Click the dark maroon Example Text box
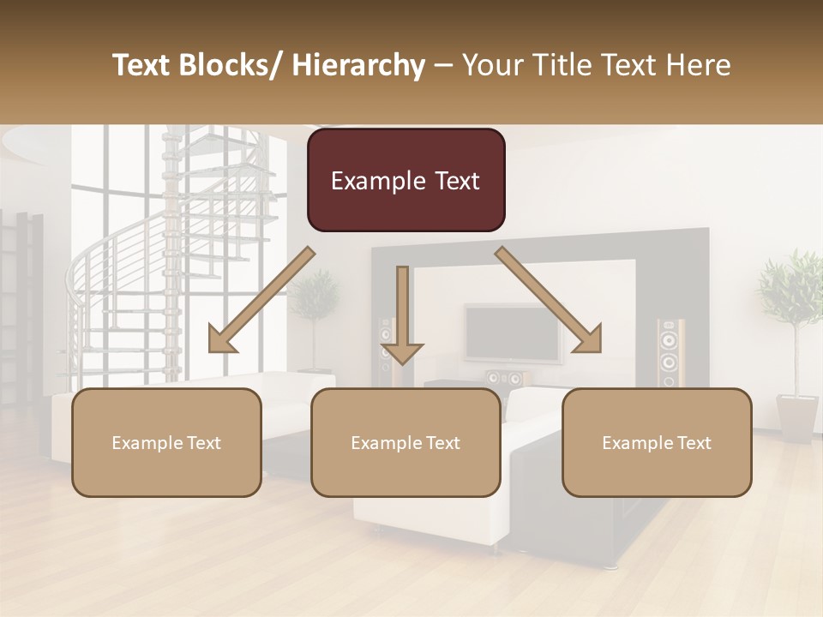[405, 180]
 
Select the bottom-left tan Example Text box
[166, 442]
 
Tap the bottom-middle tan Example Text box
[405, 442]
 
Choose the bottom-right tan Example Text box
[657, 442]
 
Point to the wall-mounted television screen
[511, 332]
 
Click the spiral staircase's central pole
[175, 257]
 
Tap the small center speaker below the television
[504, 378]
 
